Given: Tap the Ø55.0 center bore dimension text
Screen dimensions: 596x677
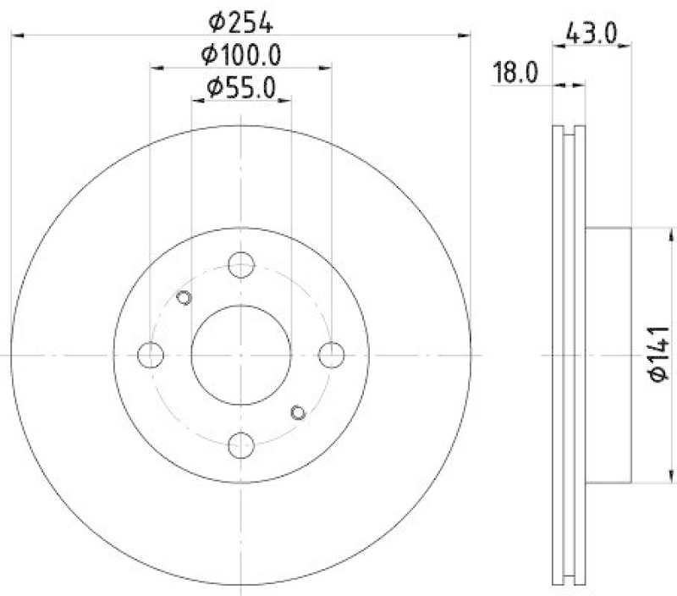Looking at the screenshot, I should pyautogui.click(x=242, y=87).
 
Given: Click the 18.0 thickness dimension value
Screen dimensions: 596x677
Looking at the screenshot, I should pyautogui.click(x=517, y=74).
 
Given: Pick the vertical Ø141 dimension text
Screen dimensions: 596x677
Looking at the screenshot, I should pyautogui.click(x=659, y=353).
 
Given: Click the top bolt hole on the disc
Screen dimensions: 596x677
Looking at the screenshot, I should pyautogui.click(x=241, y=265).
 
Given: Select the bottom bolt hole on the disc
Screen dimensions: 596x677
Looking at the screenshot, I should pyautogui.click(x=241, y=443).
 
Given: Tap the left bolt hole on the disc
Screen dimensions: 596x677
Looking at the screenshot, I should pyautogui.click(x=151, y=354).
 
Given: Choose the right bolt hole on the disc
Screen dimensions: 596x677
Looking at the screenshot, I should pyautogui.click(x=331, y=354).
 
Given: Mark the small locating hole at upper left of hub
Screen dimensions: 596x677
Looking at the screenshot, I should pyautogui.click(x=184, y=297).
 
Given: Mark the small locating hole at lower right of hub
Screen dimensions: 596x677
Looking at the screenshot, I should pyautogui.click(x=297, y=412).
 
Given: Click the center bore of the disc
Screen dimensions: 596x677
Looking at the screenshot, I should pyautogui.click(x=241, y=354).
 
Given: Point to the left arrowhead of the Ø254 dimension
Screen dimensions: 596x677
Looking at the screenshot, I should pyautogui.click(x=17, y=35).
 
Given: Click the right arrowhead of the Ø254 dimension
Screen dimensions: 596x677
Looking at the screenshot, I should pyautogui.click(x=465, y=35).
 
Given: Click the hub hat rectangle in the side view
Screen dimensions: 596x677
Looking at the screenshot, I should pyautogui.click(x=608, y=354).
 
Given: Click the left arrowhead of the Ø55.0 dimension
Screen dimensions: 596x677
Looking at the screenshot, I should pyautogui.click(x=195, y=100).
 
